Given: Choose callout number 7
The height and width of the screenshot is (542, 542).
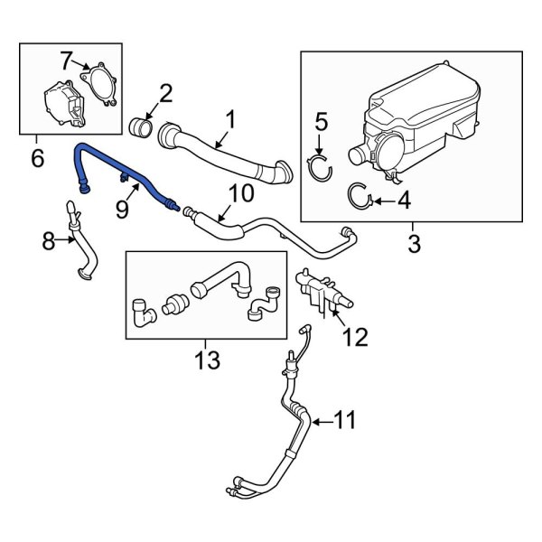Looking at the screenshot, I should coord(67,61).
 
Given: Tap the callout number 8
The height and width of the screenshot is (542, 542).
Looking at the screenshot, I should coord(49,240).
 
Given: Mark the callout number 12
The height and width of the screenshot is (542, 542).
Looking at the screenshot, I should coord(355,337).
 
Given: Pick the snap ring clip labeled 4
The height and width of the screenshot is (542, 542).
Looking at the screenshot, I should coord(359,193).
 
